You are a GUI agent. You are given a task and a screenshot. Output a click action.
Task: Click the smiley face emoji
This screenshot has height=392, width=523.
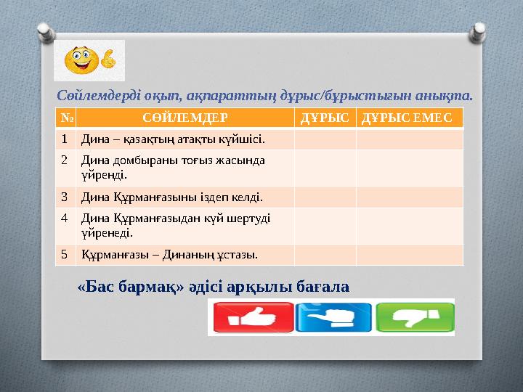click(81, 60)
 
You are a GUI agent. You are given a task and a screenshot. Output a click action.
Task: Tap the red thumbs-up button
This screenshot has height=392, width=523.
click(254, 317)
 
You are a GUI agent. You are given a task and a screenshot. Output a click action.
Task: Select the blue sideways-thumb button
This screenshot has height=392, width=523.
click(333, 317)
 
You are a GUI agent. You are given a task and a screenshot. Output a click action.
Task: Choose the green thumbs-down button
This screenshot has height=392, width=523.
click(415, 317)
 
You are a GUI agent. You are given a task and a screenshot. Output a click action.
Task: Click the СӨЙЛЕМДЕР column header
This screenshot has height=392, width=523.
click(185, 118)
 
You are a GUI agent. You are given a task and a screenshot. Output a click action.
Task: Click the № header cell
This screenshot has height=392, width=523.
click(66, 118)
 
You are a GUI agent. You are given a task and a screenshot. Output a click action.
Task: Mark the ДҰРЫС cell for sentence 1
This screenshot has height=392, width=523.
click(325, 139)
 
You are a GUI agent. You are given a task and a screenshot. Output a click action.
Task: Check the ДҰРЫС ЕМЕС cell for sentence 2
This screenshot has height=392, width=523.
click(410, 168)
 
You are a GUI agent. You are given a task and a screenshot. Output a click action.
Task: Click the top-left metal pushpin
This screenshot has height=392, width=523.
click(46, 33)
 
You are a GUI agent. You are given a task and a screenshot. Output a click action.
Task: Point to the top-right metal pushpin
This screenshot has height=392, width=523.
click(477, 33)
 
